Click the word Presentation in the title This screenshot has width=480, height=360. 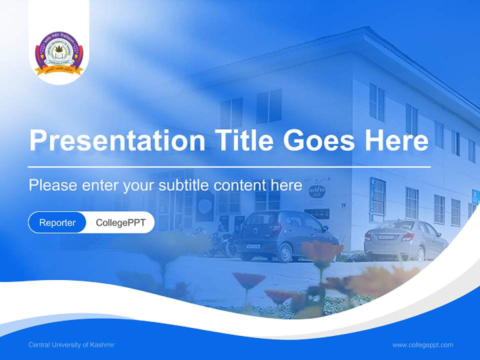point(117,140)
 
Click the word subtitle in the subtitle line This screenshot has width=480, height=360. point(184,185)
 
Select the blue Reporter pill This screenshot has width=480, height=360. point(57,222)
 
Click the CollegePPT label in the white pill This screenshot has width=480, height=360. point(120,222)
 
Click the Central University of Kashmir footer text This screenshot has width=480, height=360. point(71,345)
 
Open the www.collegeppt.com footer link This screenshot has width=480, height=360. point(422,345)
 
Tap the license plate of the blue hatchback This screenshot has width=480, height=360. point(252,246)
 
